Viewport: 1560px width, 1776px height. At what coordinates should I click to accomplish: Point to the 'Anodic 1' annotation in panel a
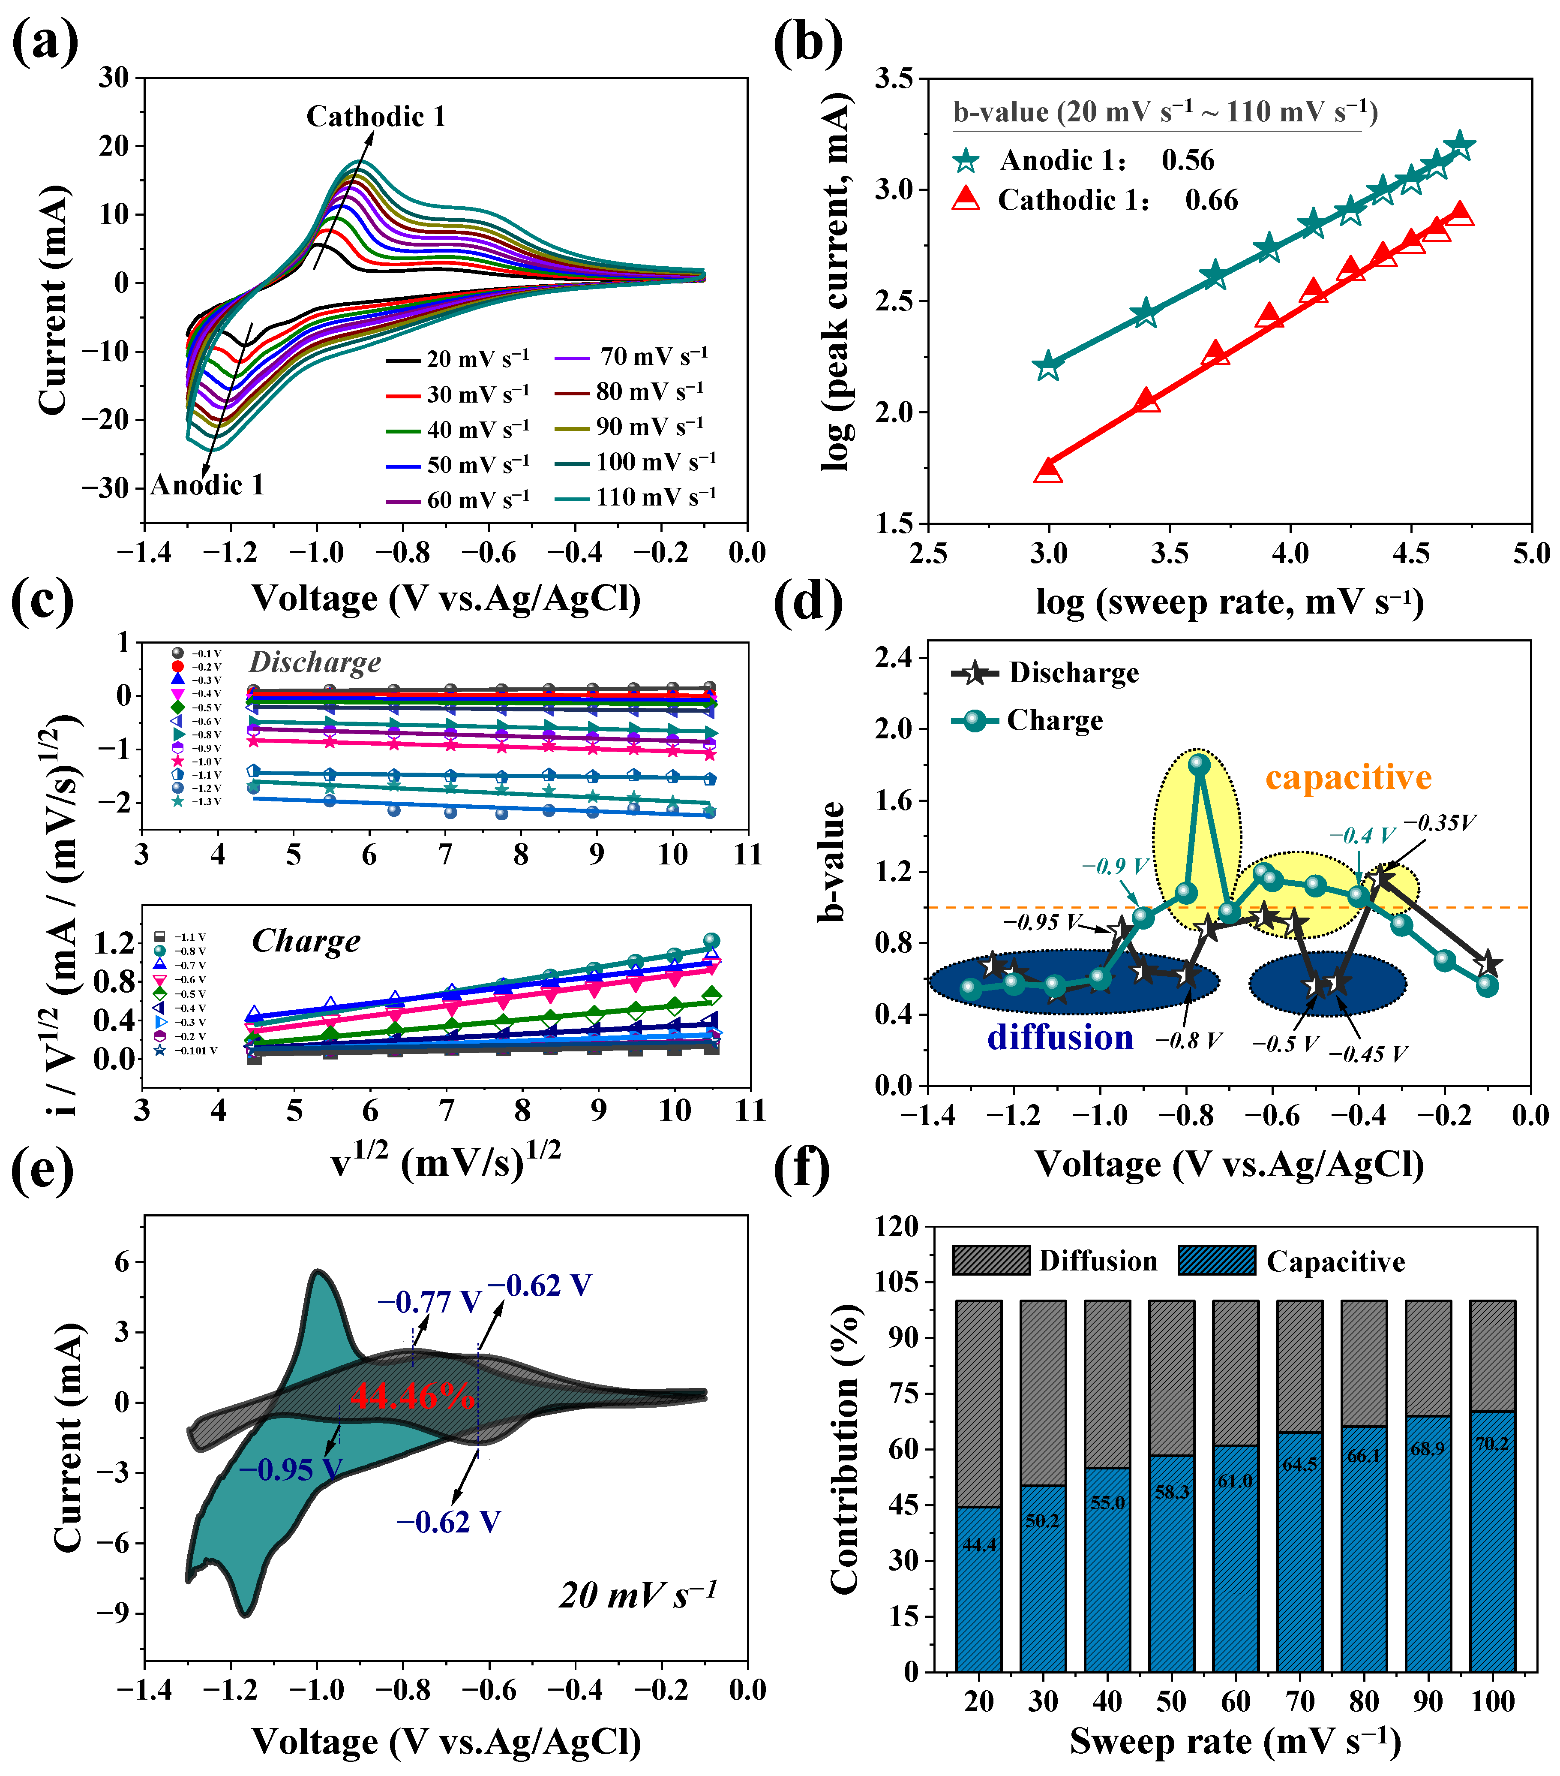[207, 485]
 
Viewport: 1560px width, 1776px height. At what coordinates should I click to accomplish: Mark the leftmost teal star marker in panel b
[1048, 366]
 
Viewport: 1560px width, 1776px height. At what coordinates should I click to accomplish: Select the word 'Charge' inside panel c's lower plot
[306, 941]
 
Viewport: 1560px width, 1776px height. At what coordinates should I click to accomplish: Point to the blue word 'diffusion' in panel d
[1060, 1038]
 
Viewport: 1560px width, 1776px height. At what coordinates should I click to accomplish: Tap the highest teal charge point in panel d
[1200, 764]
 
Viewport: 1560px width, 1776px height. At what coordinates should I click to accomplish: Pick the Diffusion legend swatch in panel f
[990, 1260]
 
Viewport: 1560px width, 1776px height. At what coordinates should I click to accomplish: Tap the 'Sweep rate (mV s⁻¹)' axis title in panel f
[1235, 1741]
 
